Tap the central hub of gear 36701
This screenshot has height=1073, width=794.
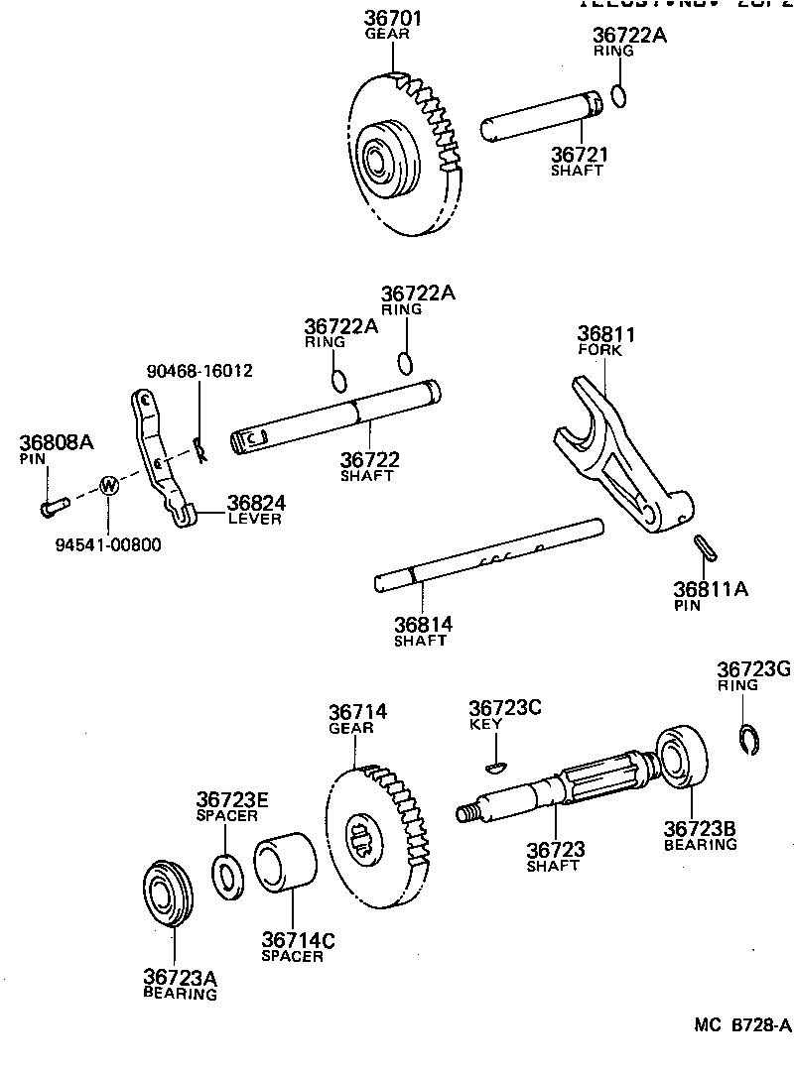point(378,156)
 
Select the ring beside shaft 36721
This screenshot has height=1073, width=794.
point(618,96)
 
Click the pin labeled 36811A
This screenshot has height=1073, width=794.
point(704,546)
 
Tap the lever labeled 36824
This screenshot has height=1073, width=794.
point(159,456)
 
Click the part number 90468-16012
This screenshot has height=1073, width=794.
point(199,371)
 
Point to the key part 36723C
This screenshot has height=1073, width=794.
point(496,766)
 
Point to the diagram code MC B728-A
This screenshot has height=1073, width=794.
point(741,1025)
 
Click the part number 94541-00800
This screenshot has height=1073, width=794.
point(112,543)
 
